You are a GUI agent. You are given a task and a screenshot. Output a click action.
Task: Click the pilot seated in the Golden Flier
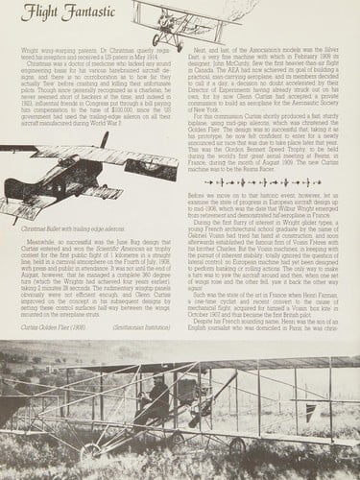coord(163,422)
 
